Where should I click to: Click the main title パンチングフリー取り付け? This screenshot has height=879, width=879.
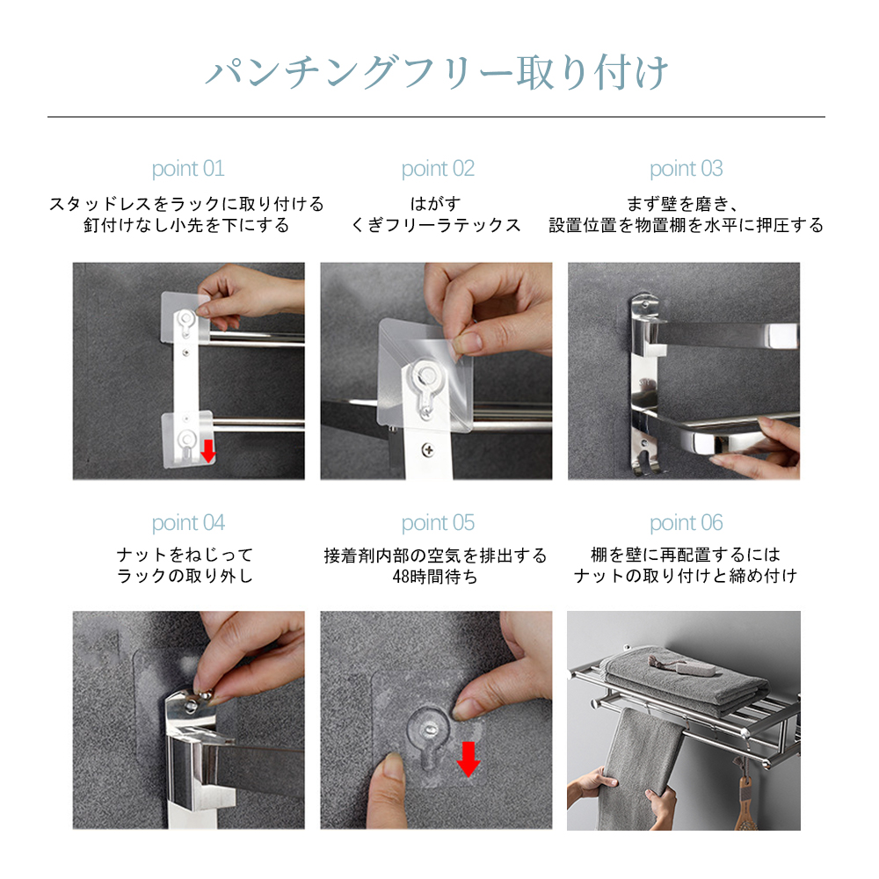[x=437, y=73]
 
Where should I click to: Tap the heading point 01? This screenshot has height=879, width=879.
[x=188, y=169]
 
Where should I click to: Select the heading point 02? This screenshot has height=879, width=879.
[x=438, y=169]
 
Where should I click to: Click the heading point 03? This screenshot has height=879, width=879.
[x=686, y=169]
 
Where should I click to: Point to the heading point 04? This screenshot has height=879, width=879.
[x=188, y=523]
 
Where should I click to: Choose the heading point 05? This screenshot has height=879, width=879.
[x=438, y=523]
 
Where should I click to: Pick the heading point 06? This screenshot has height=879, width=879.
[x=686, y=523]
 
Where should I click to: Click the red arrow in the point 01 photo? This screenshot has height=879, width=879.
[x=208, y=451]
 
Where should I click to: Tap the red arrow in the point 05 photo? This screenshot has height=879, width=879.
[x=469, y=759]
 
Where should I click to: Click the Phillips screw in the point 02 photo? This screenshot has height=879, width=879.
[x=428, y=449]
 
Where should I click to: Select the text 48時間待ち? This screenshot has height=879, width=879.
[x=435, y=577]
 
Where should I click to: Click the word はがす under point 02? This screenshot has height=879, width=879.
[x=436, y=204]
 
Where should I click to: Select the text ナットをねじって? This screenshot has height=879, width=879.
[x=185, y=555]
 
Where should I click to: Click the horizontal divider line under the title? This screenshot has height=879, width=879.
[x=436, y=117]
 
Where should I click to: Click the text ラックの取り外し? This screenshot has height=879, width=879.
[x=185, y=576]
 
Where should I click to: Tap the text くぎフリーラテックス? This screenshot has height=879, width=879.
[x=436, y=225]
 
